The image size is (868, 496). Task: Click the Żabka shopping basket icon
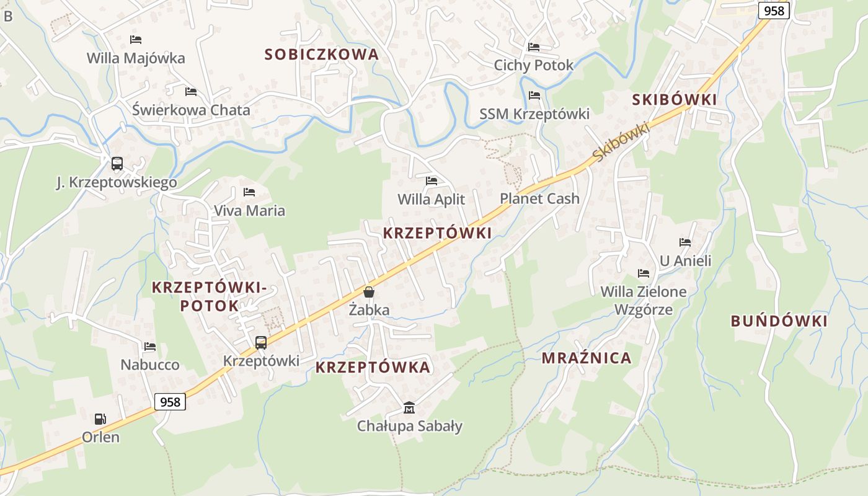[369, 291]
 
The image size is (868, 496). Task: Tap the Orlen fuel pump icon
[100, 419]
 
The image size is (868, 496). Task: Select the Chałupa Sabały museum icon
[409, 407]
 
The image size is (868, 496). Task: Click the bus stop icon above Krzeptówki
[261, 342]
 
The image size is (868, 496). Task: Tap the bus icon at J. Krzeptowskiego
[117, 164]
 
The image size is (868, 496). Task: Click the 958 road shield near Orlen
[170, 402]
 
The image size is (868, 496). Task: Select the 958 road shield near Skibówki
[774, 11]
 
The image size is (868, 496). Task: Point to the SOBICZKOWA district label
[321, 55]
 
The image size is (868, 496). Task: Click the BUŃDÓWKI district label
[779, 321]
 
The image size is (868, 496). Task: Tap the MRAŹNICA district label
[587, 358]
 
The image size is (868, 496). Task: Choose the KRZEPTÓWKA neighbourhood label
[373, 367]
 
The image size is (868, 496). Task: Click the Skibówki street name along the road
[620, 143]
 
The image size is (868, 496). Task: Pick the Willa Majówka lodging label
[136, 58]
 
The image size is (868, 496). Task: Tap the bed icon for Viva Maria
[249, 192]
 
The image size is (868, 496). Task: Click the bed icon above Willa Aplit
[432, 181]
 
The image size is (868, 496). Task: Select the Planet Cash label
[539, 199]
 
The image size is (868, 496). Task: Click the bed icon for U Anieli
[684, 242]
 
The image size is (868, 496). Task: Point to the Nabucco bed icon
[149, 347]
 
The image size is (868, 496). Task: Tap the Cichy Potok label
[534, 65]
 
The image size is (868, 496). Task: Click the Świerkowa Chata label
[191, 110]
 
